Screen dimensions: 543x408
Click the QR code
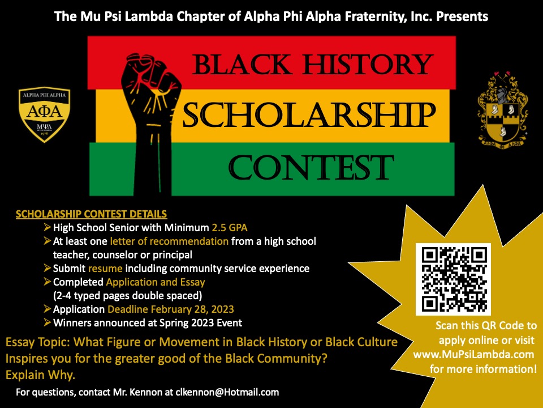point(453,279)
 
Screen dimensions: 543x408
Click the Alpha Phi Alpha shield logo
point(44,114)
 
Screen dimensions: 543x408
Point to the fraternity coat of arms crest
point(502,110)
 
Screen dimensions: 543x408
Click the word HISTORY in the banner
point(368,64)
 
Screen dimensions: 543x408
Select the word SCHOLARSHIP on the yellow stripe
point(309,114)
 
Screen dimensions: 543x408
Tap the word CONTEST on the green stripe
point(311,167)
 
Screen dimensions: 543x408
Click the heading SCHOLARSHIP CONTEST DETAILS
point(92,214)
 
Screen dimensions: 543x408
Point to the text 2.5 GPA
point(230,228)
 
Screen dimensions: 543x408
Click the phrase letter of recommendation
point(169,241)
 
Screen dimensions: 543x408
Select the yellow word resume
point(105,269)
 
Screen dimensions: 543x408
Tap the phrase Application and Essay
point(156,282)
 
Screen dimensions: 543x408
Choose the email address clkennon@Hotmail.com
point(227,392)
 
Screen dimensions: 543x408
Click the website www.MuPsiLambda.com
point(474,355)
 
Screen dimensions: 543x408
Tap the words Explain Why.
point(40,375)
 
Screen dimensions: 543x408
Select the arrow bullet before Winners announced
point(48,322)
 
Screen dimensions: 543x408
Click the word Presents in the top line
point(462,16)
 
